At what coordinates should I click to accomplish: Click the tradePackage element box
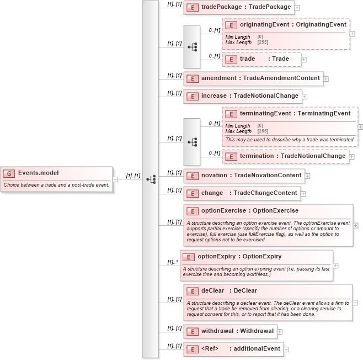[x=239, y=7]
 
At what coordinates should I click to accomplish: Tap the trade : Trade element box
[x=261, y=59]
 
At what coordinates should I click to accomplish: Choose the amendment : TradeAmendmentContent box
[x=253, y=78]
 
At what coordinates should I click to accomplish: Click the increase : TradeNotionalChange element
[x=242, y=96]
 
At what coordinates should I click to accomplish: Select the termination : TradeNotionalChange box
[x=286, y=156]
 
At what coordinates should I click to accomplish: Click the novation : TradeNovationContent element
[x=244, y=176]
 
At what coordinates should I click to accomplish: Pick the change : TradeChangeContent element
[x=242, y=193]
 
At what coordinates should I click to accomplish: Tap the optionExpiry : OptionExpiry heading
[x=239, y=257]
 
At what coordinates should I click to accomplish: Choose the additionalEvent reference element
[x=233, y=349]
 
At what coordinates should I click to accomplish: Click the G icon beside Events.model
[x=9, y=173]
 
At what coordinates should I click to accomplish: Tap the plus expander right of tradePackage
[x=297, y=8]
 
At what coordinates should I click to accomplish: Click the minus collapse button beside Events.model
[x=115, y=179]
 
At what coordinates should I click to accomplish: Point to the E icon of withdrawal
[x=192, y=331]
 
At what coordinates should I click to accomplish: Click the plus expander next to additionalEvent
[x=286, y=350]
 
